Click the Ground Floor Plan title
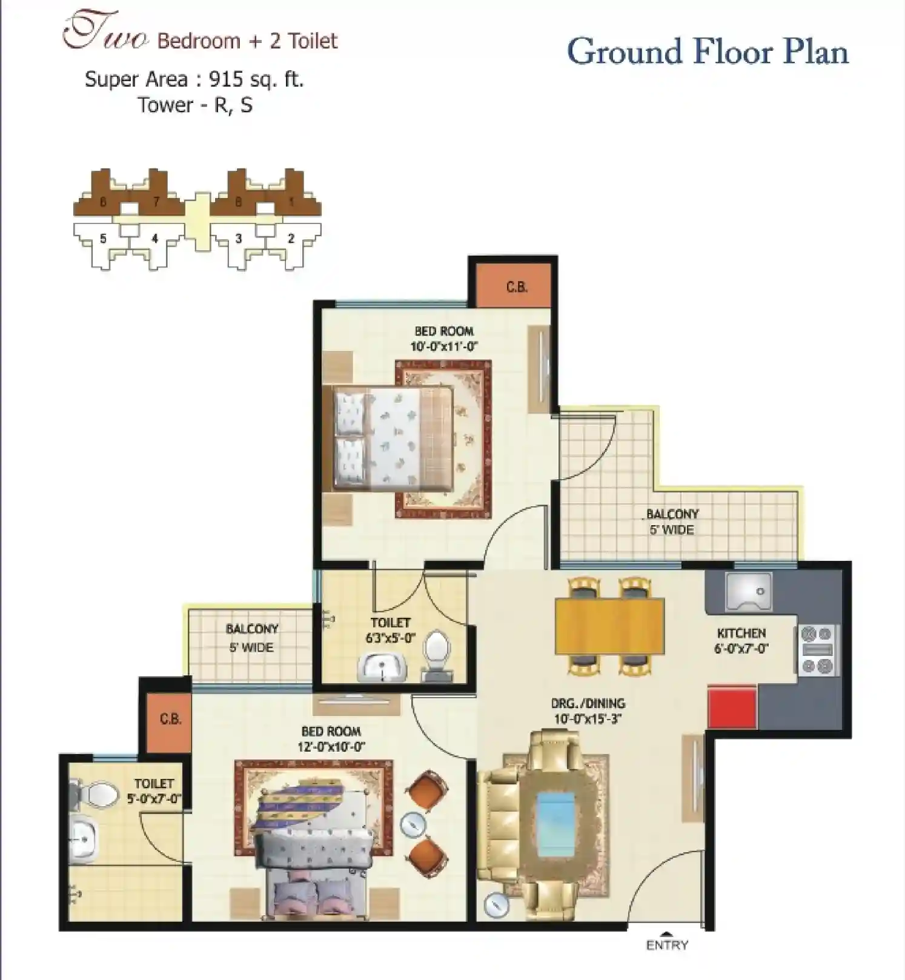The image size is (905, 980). (708, 52)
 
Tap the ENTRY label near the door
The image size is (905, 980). (667, 945)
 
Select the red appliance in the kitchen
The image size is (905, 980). (732, 707)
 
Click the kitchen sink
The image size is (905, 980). (749, 591)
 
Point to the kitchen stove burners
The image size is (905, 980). (817, 651)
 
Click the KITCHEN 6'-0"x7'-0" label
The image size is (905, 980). (741, 641)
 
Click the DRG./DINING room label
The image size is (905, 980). (588, 711)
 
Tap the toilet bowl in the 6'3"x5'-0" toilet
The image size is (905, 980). (436, 653)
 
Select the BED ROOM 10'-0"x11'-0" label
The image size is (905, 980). (444, 339)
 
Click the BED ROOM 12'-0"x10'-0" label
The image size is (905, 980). (331, 739)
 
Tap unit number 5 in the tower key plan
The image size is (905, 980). (103, 239)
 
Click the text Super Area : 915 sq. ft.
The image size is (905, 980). (194, 79)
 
